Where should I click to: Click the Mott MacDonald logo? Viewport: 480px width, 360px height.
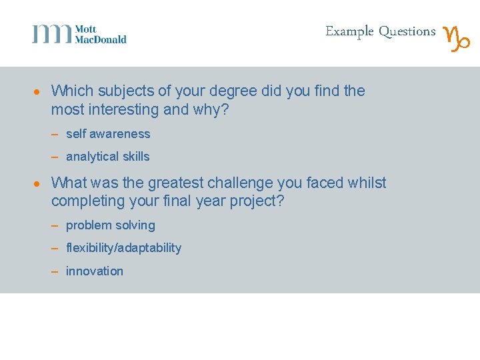pos(79,34)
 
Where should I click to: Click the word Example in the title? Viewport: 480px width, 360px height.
pos(349,31)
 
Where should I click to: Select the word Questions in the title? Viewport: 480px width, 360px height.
pos(407,31)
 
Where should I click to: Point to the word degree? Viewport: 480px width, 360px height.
pos(236,91)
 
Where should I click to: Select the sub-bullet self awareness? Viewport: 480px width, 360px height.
pos(108,134)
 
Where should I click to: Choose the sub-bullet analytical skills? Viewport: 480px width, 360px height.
pos(107,157)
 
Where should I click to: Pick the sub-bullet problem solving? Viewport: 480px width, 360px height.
pos(110,225)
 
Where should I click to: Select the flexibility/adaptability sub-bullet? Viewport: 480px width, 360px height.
pos(123,248)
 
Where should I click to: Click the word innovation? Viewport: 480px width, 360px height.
pos(95,271)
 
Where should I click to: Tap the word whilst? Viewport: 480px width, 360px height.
pos(367,183)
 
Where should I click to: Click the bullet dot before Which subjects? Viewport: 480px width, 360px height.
pos(40,92)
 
